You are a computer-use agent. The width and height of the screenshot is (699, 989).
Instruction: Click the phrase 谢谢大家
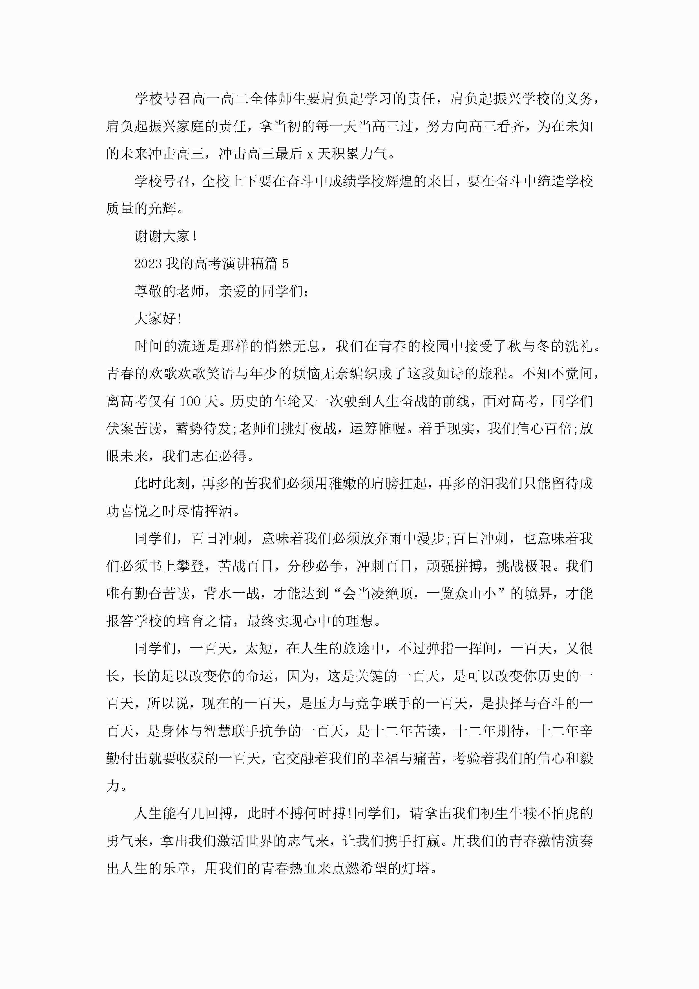162,236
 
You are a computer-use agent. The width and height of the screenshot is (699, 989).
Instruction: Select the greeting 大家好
155,319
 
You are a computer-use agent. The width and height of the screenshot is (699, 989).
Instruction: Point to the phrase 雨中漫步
417,539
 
